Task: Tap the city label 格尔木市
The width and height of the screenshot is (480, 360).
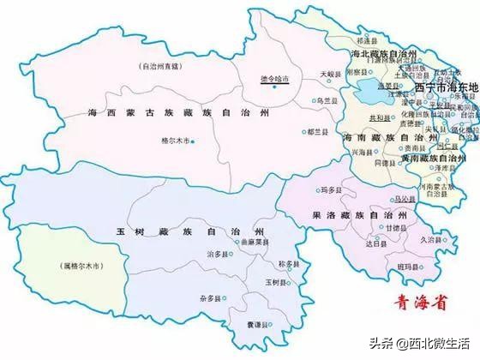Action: [177, 141]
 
